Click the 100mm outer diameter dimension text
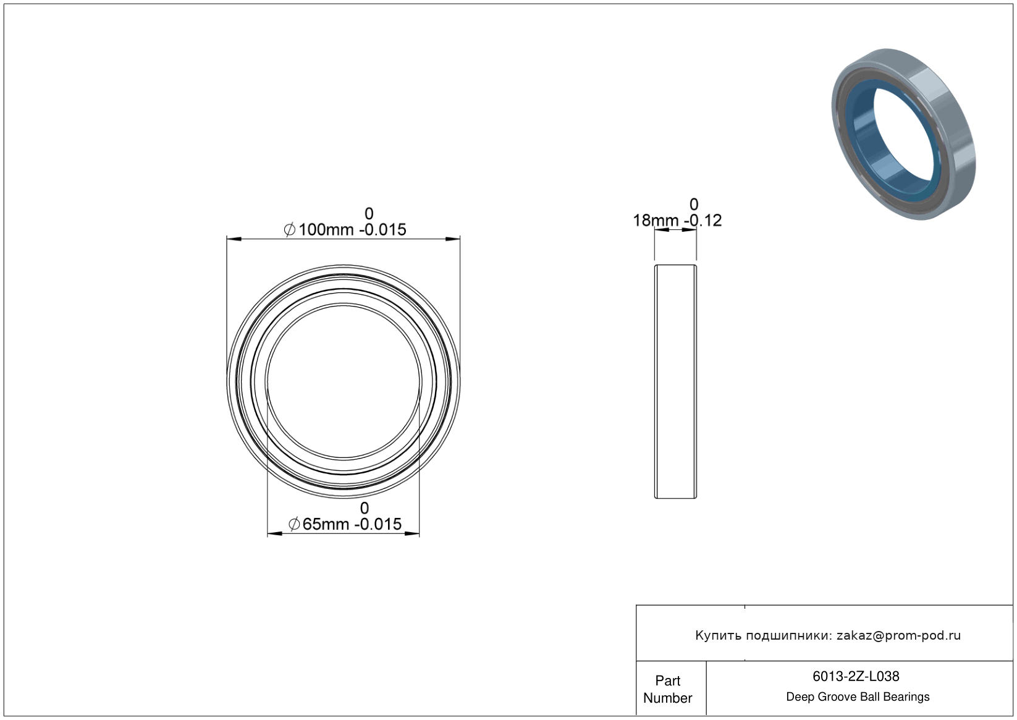326,230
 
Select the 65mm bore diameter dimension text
326,524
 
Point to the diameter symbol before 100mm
290,230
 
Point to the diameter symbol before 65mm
293,524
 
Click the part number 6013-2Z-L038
856,676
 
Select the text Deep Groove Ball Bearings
858,697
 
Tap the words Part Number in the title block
667,689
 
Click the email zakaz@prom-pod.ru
899,635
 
